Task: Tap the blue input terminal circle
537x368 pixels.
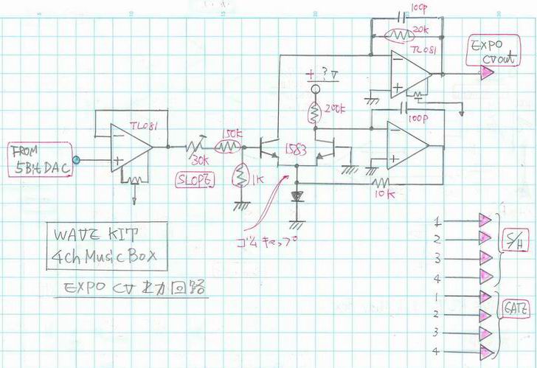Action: (77, 159)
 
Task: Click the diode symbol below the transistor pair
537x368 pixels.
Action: (297, 197)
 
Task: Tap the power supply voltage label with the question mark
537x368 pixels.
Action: (322, 74)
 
